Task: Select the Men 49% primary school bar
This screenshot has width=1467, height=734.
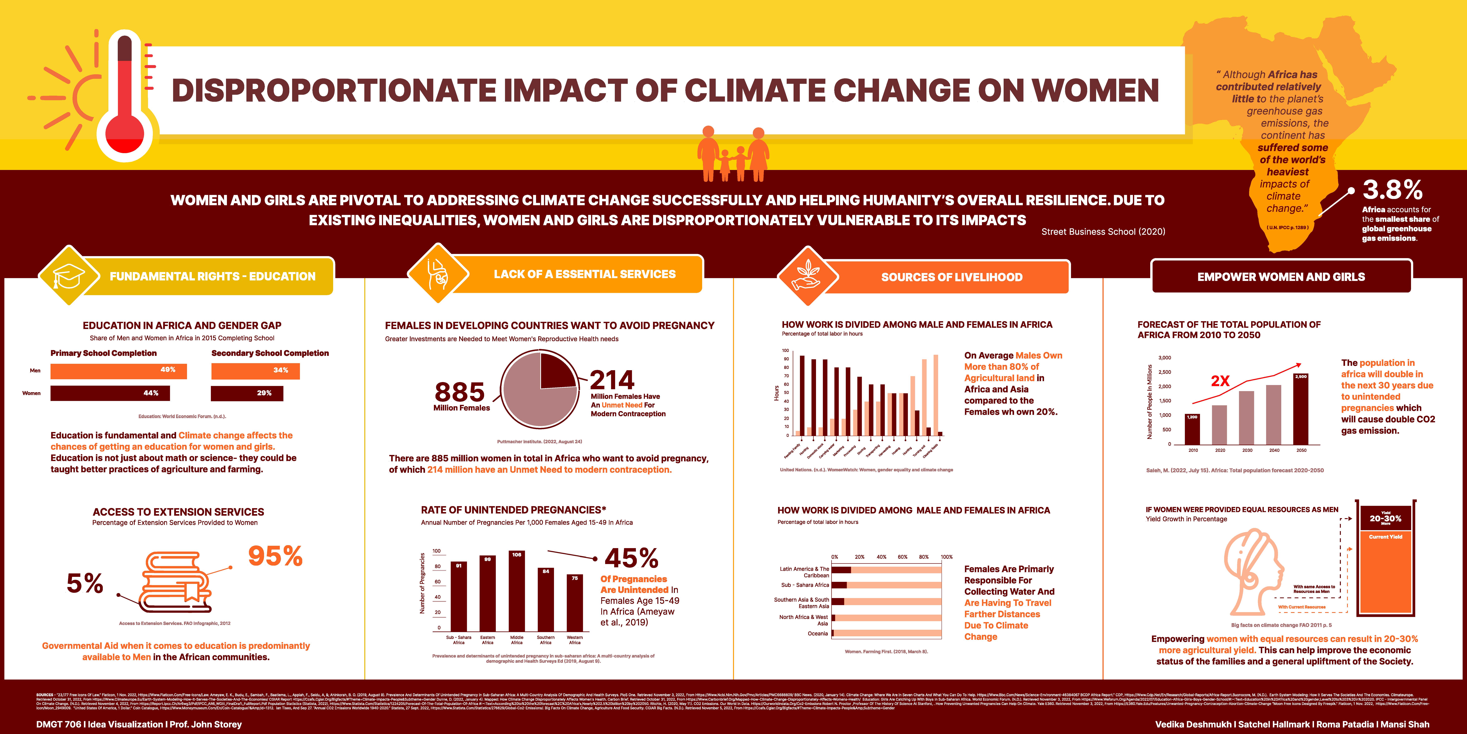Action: [x=118, y=371]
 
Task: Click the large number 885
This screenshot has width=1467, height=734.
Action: [x=460, y=392]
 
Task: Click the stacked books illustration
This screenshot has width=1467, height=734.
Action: [x=177, y=581]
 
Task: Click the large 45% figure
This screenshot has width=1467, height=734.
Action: [x=631, y=558]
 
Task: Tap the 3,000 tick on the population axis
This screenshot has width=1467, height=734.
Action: [x=1165, y=358]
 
